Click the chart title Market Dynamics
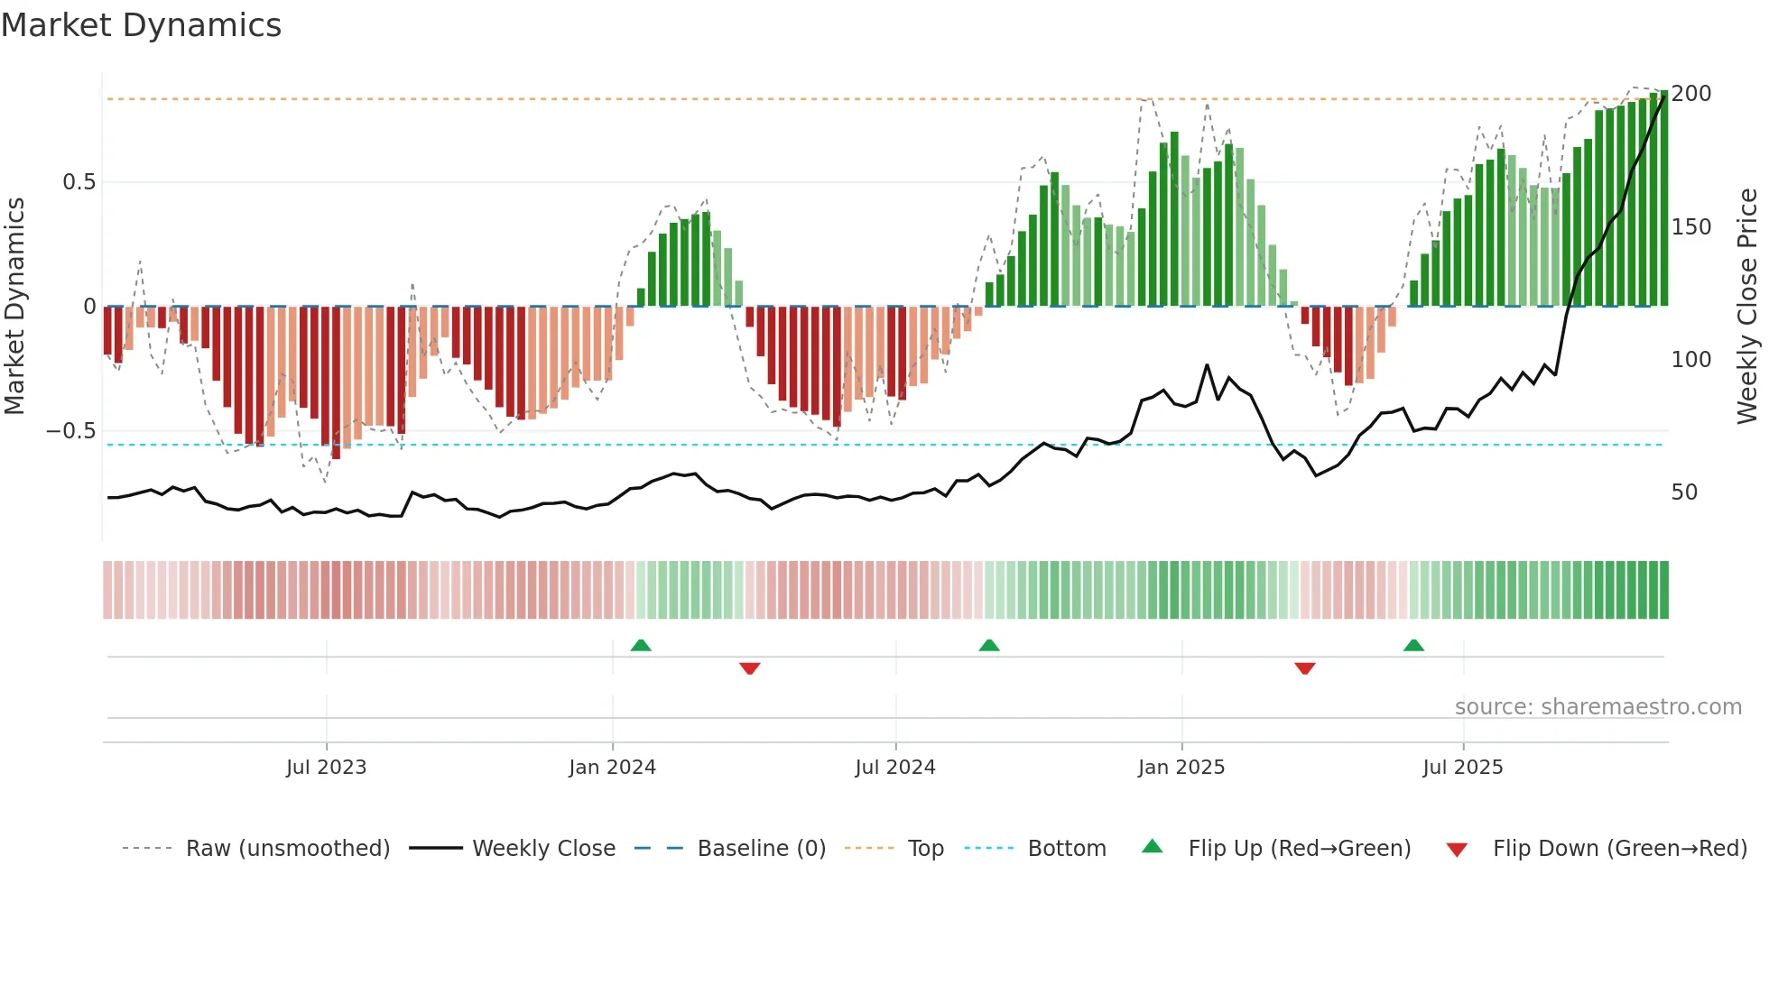click(x=142, y=25)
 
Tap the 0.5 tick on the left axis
click(x=79, y=182)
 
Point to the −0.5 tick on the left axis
click(x=71, y=431)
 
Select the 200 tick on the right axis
click(x=1690, y=94)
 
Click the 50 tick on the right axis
click(x=1684, y=492)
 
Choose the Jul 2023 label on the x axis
click(x=326, y=768)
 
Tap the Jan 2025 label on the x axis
click(x=1181, y=768)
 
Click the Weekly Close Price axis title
click(x=1747, y=307)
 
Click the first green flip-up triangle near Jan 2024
click(x=641, y=645)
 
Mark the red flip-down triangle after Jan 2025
click(x=1304, y=668)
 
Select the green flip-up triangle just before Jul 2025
click(x=1413, y=645)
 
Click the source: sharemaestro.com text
click(x=1598, y=707)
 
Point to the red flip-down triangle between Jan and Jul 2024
click(x=749, y=668)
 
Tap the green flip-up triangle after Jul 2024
click(x=989, y=645)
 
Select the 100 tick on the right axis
click(x=1690, y=360)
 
